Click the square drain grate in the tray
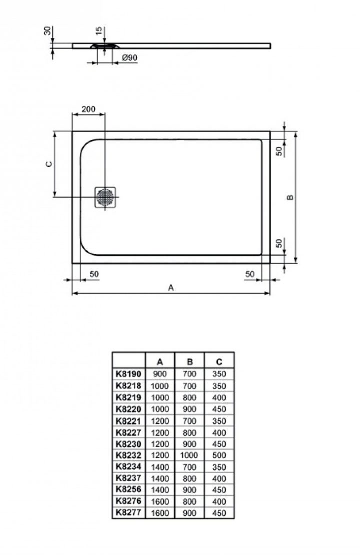tap(105, 197)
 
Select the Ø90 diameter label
tap(129, 58)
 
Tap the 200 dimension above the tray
tap(88, 109)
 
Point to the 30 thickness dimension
tap(47, 32)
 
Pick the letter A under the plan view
tap(171, 287)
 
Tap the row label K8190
tap(128, 374)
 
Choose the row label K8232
tap(128, 455)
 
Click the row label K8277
tap(128, 513)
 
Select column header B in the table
tap(190, 362)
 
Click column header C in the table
tap(219, 362)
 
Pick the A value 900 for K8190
tap(160, 374)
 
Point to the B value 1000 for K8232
tap(190, 455)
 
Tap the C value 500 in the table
tap(219, 455)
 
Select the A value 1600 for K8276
tap(160, 501)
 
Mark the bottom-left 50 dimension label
tap(93, 274)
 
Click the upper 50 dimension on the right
tap(280, 149)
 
